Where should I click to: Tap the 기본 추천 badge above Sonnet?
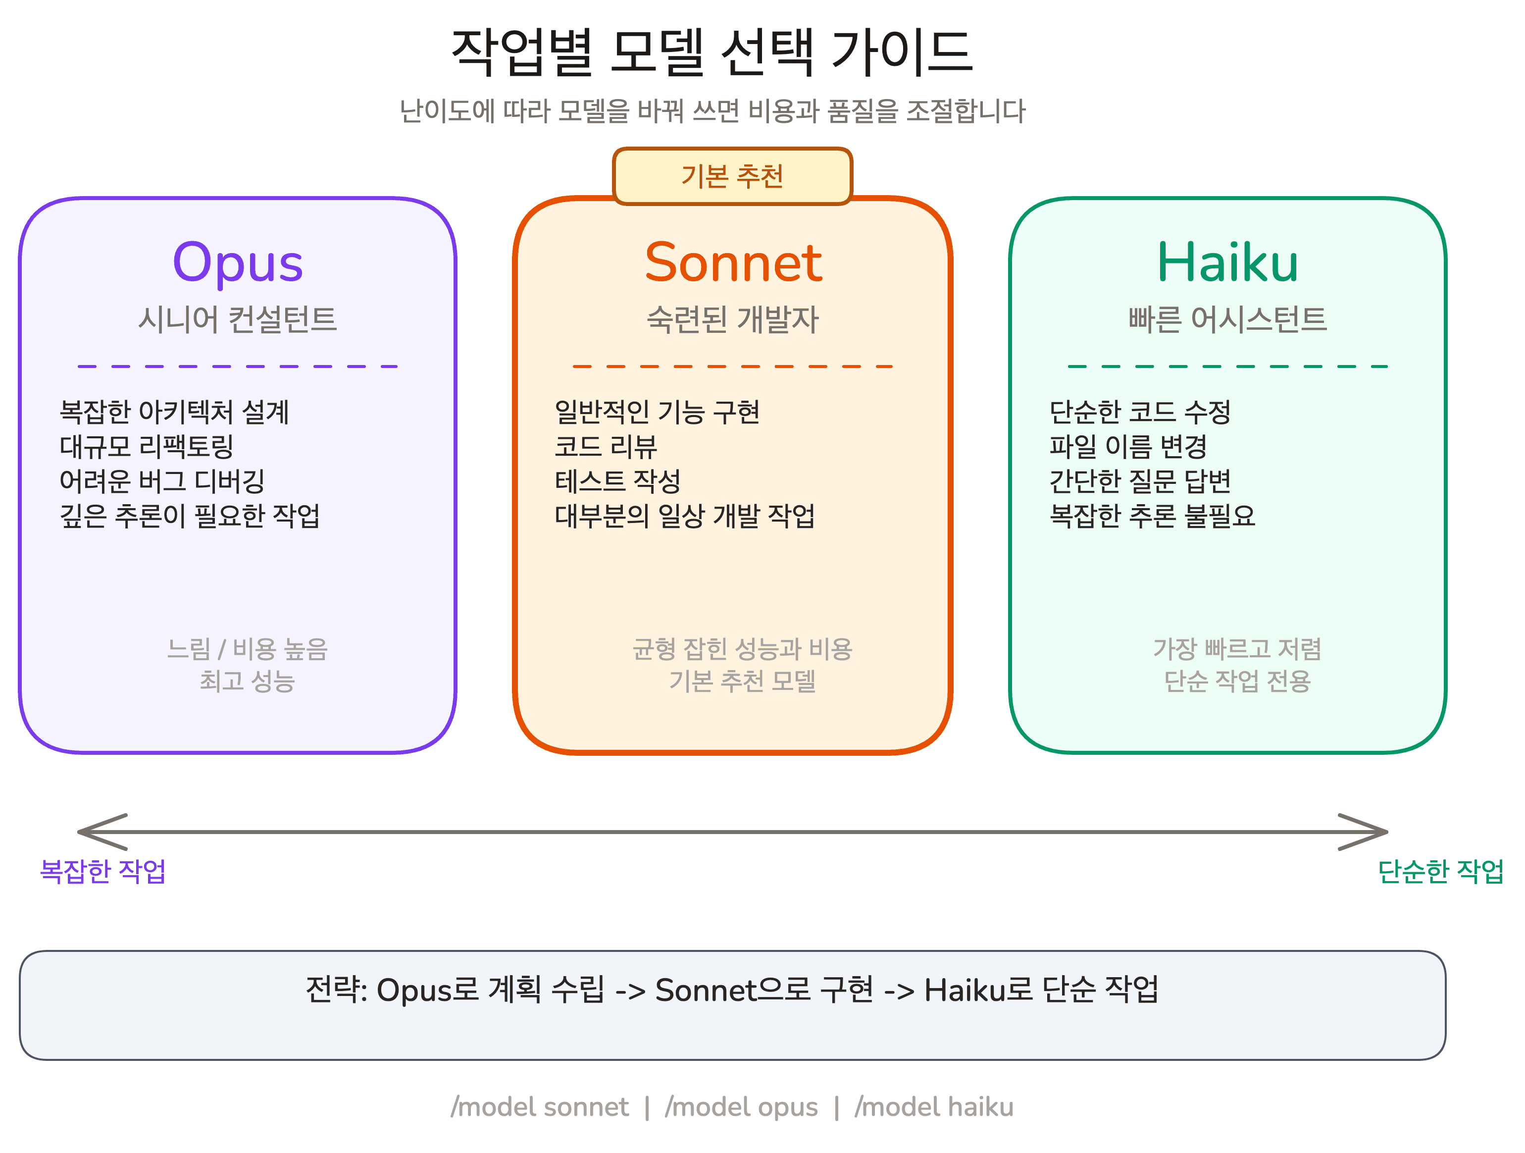pos(732,176)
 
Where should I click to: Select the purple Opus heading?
pos(238,263)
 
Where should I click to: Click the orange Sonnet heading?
pos(733,263)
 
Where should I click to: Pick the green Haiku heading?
pos(1227,263)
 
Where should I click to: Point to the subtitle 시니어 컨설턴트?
pos(238,319)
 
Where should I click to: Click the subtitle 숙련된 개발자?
pos(733,319)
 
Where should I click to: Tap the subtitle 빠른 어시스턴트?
pos(1227,319)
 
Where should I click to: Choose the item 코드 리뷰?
pos(606,447)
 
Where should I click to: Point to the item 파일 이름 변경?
pos(1128,447)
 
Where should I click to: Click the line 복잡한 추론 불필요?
pos(1152,516)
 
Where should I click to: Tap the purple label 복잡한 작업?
pos(102,871)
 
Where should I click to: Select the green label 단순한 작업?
pos(1440,871)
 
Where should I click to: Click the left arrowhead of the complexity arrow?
pos(86,833)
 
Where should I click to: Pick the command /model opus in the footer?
pos(741,1107)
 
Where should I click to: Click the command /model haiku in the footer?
pos(934,1107)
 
